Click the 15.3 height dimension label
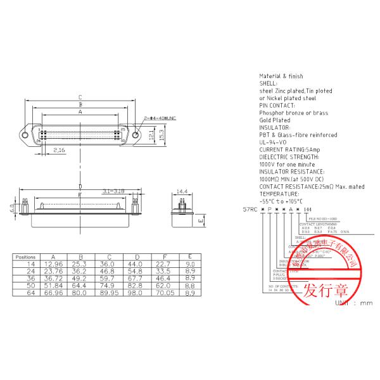(x=162, y=135)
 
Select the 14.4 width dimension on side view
(x=181, y=191)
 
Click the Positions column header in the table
(x=25, y=257)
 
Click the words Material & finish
(x=281, y=76)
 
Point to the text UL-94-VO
(x=273, y=142)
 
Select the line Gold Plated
(x=274, y=120)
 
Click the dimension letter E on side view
(x=199, y=220)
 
